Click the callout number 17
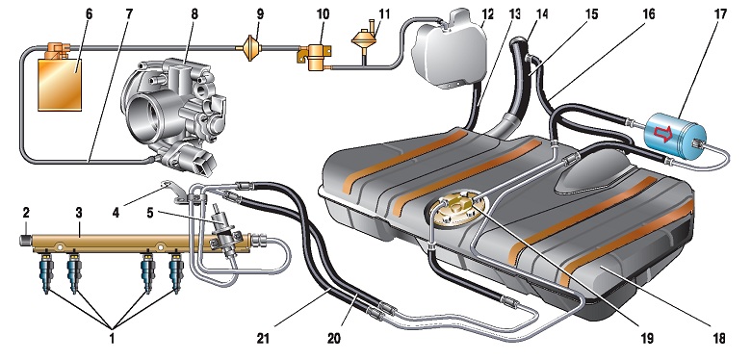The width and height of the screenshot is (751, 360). (720, 13)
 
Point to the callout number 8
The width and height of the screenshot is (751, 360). (194, 13)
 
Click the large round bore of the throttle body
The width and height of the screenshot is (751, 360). (147, 115)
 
